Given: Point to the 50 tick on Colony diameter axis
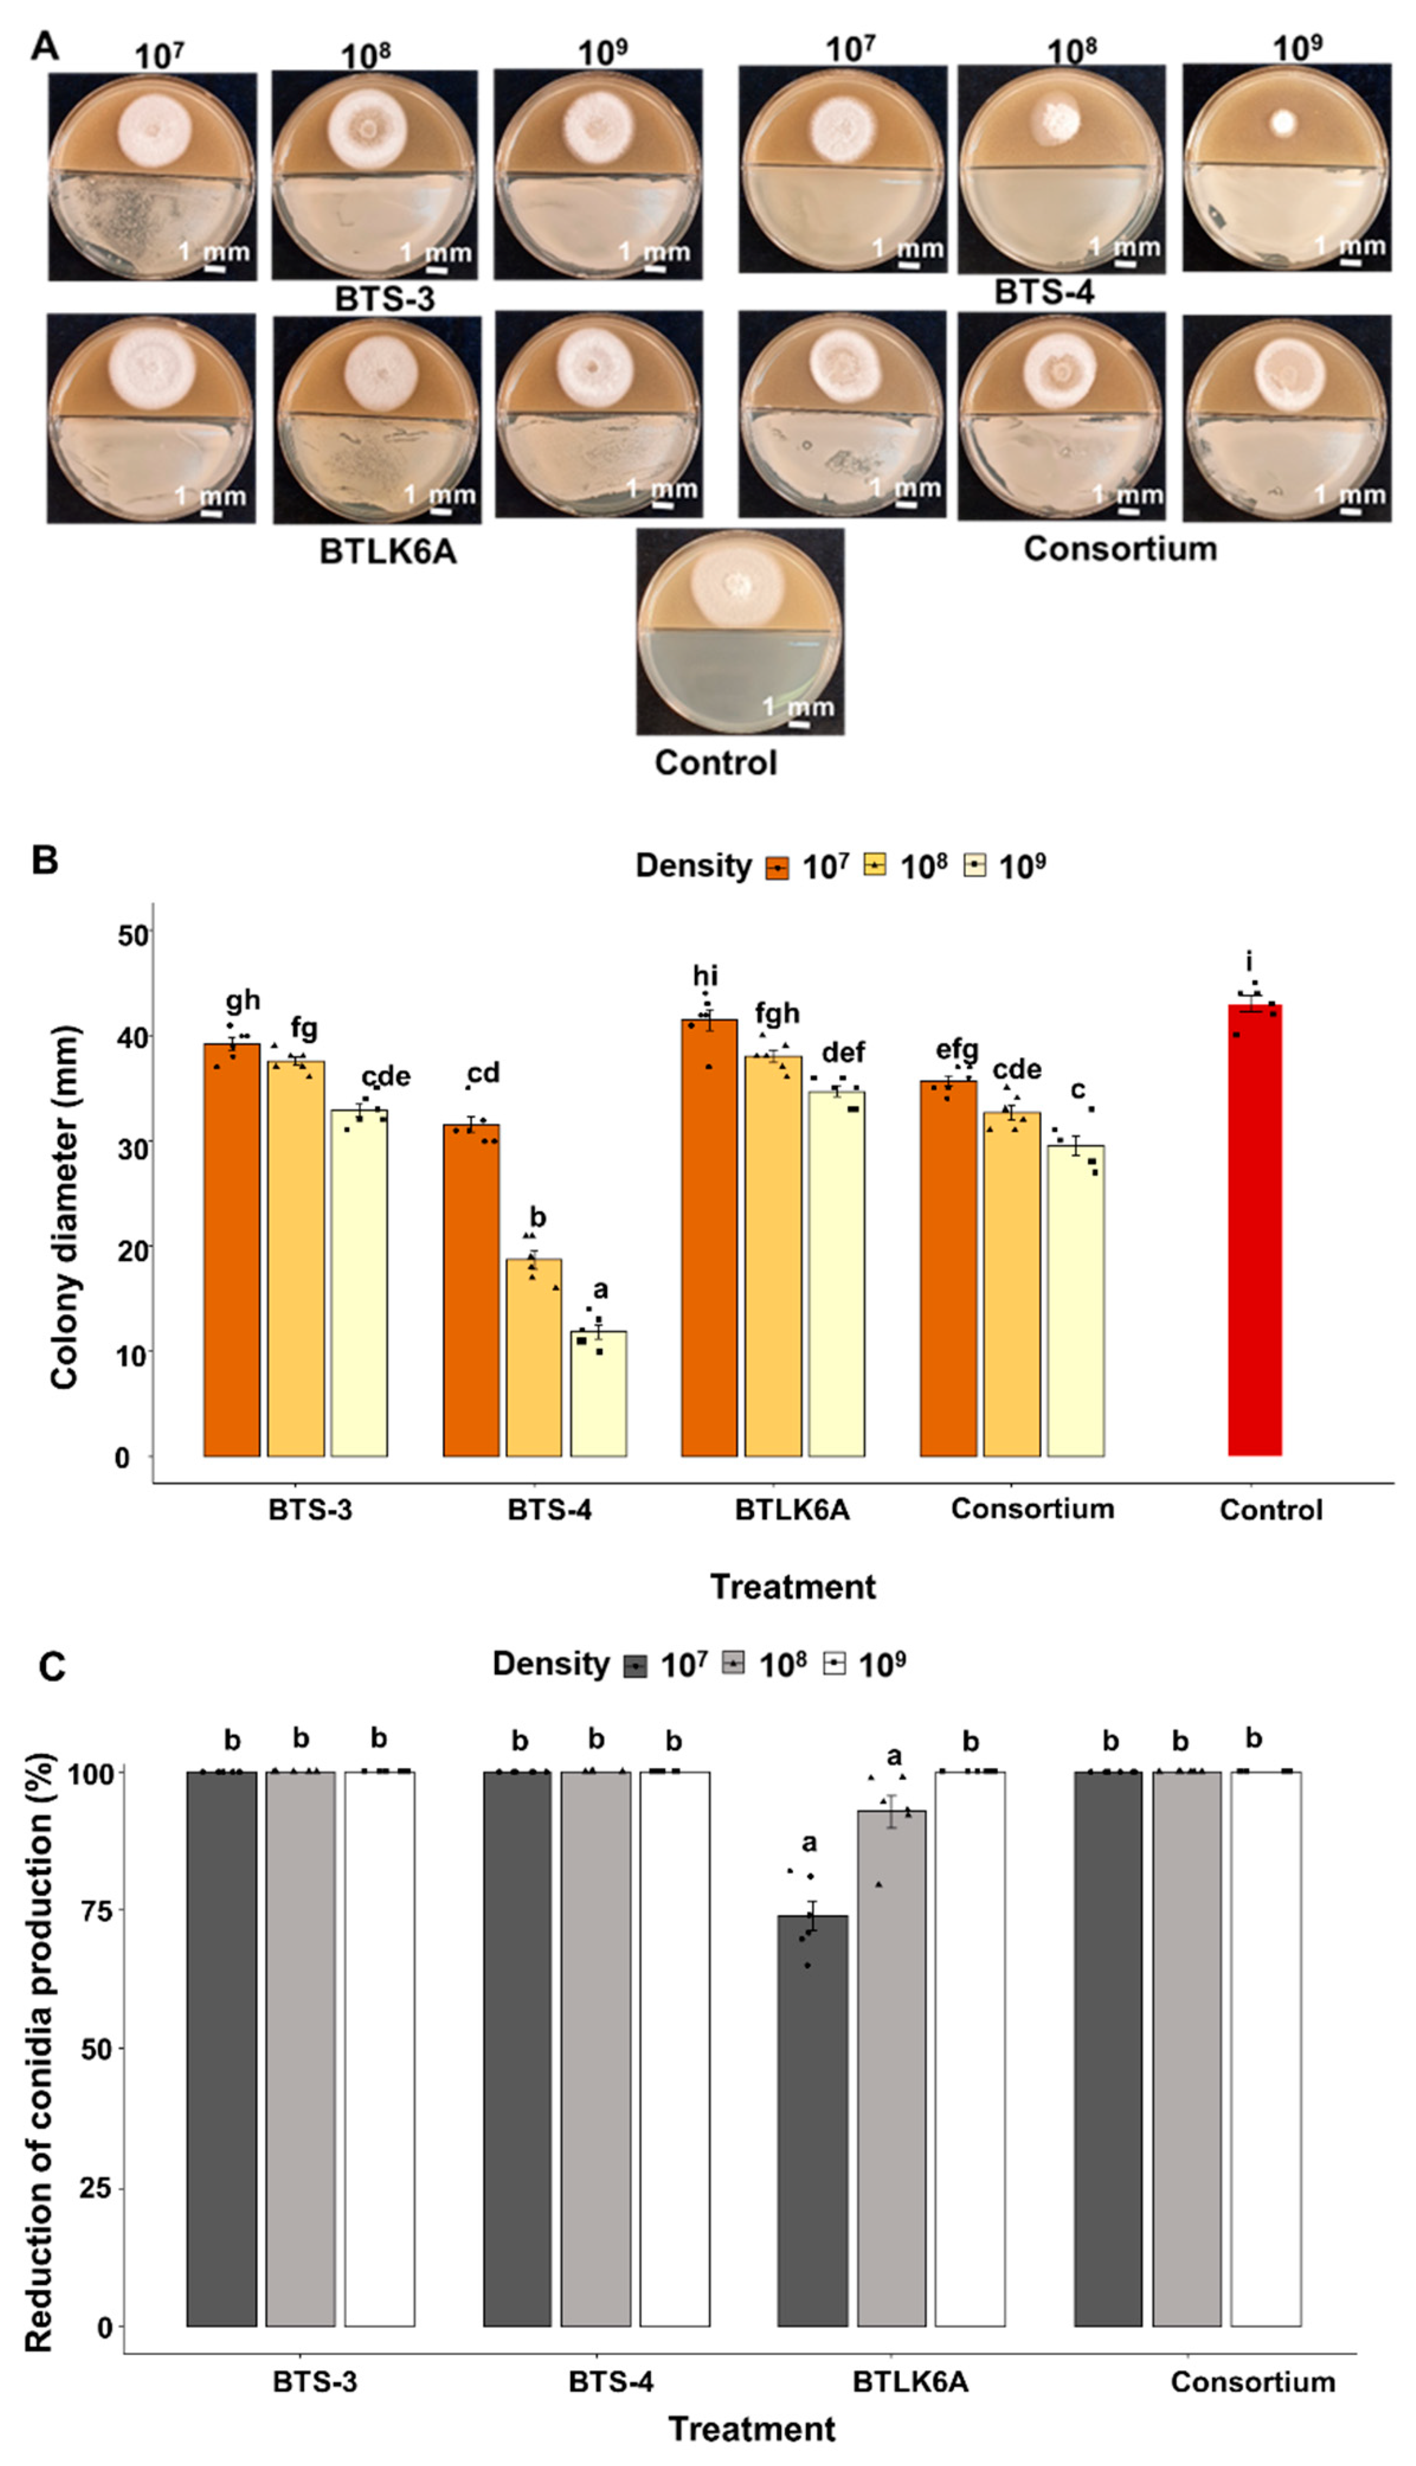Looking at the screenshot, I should click(x=133, y=935).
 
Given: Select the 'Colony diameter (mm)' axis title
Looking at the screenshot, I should click(x=64, y=1206).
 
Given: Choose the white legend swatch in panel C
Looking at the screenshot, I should click(x=835, y=1664).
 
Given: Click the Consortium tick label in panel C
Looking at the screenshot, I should click(x=1253, y=2381).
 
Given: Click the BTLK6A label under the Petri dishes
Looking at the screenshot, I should click(x=387, y=551).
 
